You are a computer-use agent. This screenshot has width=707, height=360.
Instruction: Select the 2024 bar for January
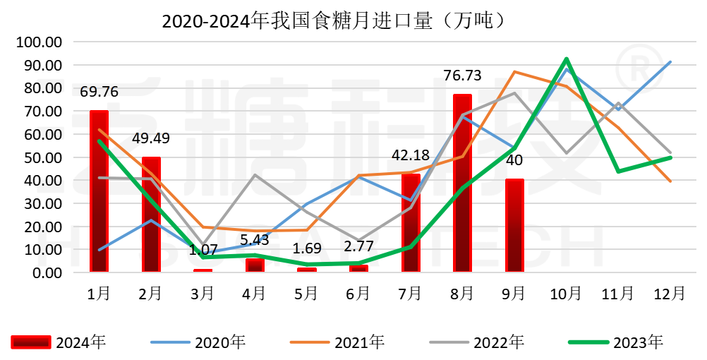99,191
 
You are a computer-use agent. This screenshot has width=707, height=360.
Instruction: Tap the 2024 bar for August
462,183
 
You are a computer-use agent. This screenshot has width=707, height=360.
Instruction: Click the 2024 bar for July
411,222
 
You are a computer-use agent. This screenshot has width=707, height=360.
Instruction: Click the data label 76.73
462,76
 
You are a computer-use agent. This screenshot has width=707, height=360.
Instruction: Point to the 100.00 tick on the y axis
40,42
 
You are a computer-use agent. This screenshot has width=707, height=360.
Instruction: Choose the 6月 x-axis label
358,292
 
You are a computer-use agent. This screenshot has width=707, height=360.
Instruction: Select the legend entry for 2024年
59,343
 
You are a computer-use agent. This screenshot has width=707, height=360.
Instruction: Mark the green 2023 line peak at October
567,59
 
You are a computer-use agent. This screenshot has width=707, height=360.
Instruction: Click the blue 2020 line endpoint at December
670,62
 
